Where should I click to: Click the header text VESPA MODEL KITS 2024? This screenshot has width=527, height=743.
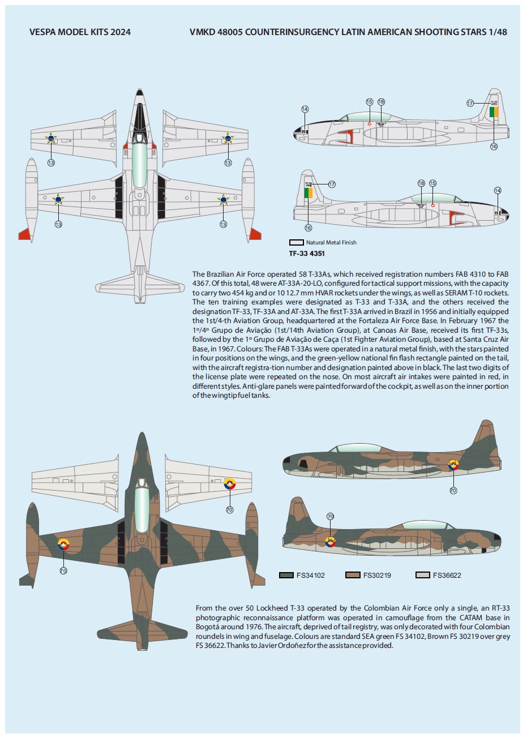[80, 32]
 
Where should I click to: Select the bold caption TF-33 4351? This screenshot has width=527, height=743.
[307, 254]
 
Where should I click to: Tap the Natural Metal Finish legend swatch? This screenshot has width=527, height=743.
[297, 242]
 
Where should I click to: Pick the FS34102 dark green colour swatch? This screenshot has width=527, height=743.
[286, 575]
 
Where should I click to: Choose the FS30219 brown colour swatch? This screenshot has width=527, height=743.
[353, 575]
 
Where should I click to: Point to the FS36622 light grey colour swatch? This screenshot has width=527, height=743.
[422, 575]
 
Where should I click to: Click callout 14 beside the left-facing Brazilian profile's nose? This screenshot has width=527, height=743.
[305, 109]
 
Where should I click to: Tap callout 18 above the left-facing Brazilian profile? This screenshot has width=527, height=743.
[381, 102]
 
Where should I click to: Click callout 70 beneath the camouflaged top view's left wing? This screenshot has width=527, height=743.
[63, 570]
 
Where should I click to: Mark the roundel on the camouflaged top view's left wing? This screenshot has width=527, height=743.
[63, 545]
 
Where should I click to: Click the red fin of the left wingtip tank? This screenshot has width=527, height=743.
[24, 233]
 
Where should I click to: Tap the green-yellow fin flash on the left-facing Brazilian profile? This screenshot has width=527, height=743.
[494, 112]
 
